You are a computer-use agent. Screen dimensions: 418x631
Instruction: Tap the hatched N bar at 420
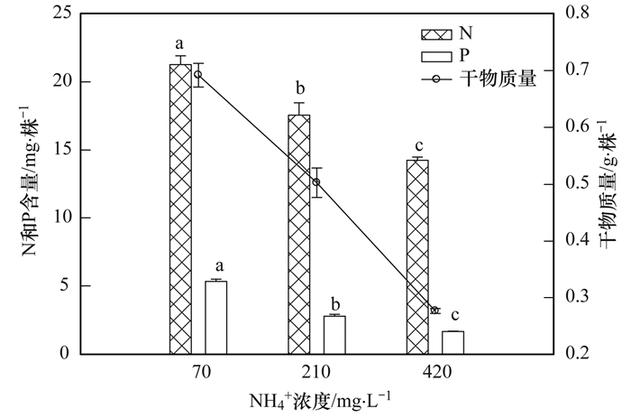[417, 256]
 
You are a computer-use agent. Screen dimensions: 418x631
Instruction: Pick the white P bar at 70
[215, 317]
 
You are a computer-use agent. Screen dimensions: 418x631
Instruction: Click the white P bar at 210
[334, 334]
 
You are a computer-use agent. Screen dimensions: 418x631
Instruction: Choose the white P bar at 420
[453, 342]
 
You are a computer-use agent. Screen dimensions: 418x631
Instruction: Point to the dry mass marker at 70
[198, 75]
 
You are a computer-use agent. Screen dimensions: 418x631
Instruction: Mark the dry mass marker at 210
[316, 182]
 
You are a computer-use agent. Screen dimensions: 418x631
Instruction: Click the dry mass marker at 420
[434, 310]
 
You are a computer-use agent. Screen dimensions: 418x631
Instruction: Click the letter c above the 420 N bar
[417, 146]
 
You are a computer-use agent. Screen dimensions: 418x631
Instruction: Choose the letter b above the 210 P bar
[334, 302]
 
